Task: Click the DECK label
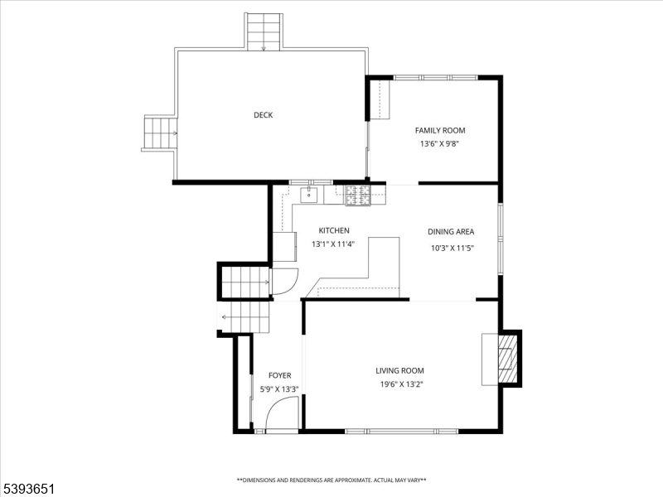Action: (x=263, y=115)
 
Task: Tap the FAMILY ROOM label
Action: (x=440, y=130)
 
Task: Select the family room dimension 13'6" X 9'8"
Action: (x=439, y=143)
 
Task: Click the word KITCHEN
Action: (x=334, y=230)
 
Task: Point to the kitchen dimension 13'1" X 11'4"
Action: (x=334, y=244)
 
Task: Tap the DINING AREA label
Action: (x=451, y=232)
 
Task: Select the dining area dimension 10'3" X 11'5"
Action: (x=451, y=248)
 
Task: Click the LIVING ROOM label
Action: (x=399, y=371)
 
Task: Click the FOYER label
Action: (x=279, y=375)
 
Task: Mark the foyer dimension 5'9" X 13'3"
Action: (x=279, y=388)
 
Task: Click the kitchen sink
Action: (x=308, y=195)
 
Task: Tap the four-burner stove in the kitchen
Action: (x=360, y=195)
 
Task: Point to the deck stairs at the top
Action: (x=264, y=31)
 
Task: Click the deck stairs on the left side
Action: (x=160, y=133)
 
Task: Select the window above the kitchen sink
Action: (x=311, y=181)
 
